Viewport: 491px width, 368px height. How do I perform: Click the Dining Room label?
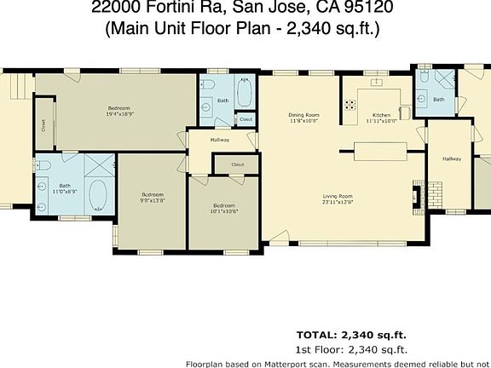tap(303, 114)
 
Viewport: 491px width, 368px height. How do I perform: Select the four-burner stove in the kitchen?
tap(349, 106)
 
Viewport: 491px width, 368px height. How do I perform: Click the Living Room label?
tap(338, 195)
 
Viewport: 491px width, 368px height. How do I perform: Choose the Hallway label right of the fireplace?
tap(451, 158)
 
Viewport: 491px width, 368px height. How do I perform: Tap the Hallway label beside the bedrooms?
tap(220, 140)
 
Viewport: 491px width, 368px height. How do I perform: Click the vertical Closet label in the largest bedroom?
tap(43, 125)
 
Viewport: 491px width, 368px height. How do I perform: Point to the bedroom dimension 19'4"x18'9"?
tap(119, 113)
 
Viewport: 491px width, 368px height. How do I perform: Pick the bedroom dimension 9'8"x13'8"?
tap(152, 201)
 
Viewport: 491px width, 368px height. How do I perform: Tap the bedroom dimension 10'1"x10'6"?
tap(224, 210)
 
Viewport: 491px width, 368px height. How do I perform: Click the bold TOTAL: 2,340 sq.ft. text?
tap(351, 334)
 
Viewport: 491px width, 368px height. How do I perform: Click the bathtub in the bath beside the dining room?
tap(245, 93)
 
